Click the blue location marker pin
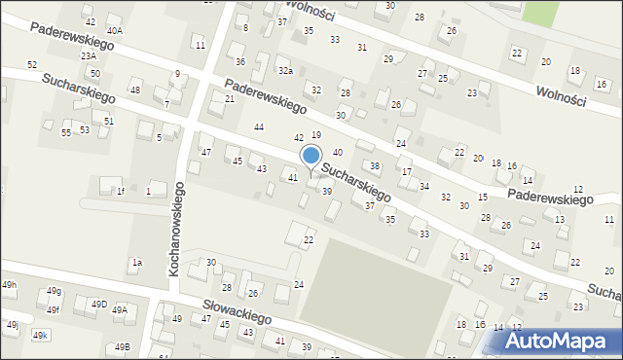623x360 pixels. (x=311, y=157)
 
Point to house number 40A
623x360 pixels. (x=115, y=31)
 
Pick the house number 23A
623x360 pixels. (x=89, y=56)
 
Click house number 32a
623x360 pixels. (x=285, y=71)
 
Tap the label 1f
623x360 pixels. (x=121, y=191)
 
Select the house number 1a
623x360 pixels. (x=137, y=262)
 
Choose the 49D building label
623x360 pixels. (x=99, y=305)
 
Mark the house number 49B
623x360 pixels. (x=122, y=346)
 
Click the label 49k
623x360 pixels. (x=40, y=335)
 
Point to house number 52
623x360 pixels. (x=32, y=64)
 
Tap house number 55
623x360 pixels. (x=66, y=132)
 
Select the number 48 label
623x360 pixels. (x=135, y=90)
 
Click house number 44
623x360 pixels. (x=259, y=127)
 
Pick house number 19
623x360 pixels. (x=316, y=134)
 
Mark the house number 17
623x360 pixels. (x=407, y=172)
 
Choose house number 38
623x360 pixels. (x=375, y=166)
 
